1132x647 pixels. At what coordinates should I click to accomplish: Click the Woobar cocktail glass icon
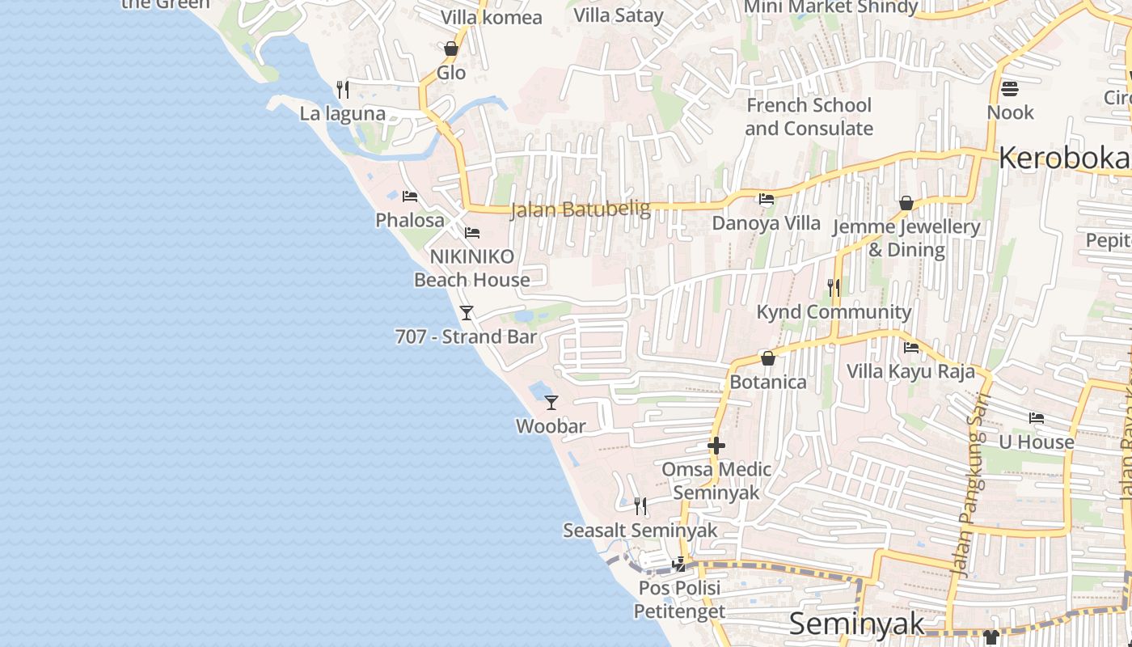(x=551, y=402)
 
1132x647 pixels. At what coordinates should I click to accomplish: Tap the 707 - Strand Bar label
(x=466, y=336)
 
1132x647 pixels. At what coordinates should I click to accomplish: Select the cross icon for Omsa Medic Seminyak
(x=716, y=446)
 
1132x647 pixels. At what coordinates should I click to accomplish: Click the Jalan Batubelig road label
(x=580, y=209)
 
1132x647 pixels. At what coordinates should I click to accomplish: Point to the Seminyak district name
(x=856, y=624)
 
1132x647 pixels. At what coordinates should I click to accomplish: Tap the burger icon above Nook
(x=1010, y=88)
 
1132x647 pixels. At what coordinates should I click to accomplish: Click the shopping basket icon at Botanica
(x=768, y=358)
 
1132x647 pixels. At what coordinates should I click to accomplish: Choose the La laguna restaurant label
(x=343, y=113)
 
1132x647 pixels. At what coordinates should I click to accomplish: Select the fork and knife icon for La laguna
(x=343, y=89)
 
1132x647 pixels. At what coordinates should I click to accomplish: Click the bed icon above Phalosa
(x=410, y=197)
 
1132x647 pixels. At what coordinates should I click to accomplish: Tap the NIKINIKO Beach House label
(x=472, y=268)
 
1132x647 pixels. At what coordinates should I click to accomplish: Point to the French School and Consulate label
(x=809, y=116)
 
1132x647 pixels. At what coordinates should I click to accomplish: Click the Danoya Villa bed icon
(x=767, y=199)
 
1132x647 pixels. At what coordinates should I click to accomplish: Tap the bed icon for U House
(x=1037, y=418)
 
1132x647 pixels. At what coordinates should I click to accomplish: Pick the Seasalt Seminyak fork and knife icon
(x=640, y=506)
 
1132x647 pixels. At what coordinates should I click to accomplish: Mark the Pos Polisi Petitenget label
(x=679, y=599)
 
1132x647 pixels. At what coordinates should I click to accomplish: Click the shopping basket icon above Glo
(x=451, y=49)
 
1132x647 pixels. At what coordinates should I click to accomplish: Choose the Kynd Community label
(x=834, y=312)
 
